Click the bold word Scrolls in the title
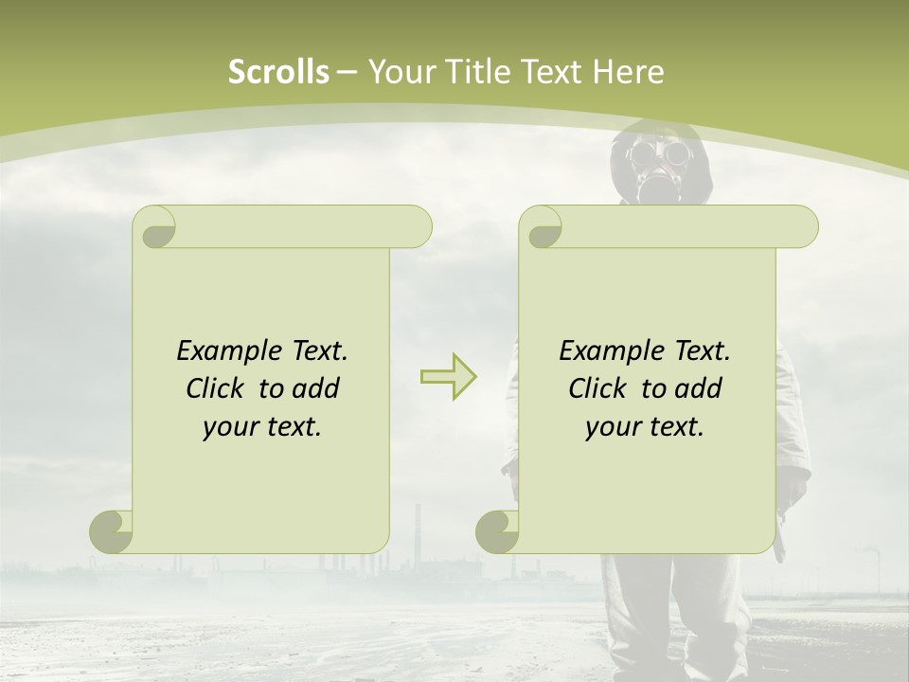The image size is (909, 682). [278, 72]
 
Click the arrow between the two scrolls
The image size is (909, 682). [448, 376]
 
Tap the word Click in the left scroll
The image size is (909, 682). [216, 388]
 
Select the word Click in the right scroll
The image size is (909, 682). [598, 388]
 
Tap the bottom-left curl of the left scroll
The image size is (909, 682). [112, 531]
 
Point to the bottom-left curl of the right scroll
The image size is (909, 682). [498, 531]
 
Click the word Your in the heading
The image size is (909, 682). [400, 72]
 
